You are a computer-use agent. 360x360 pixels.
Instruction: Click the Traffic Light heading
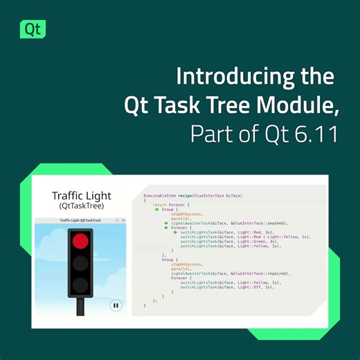(x=82, y=196)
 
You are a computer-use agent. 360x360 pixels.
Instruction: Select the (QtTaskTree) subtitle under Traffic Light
(x=82, y=207)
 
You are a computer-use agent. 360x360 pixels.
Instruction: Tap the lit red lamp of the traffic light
(x=82, y=241)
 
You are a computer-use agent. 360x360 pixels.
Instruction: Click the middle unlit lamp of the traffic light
(x=82, y=262)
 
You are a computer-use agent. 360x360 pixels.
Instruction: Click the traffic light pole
(x=82, y=307)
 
